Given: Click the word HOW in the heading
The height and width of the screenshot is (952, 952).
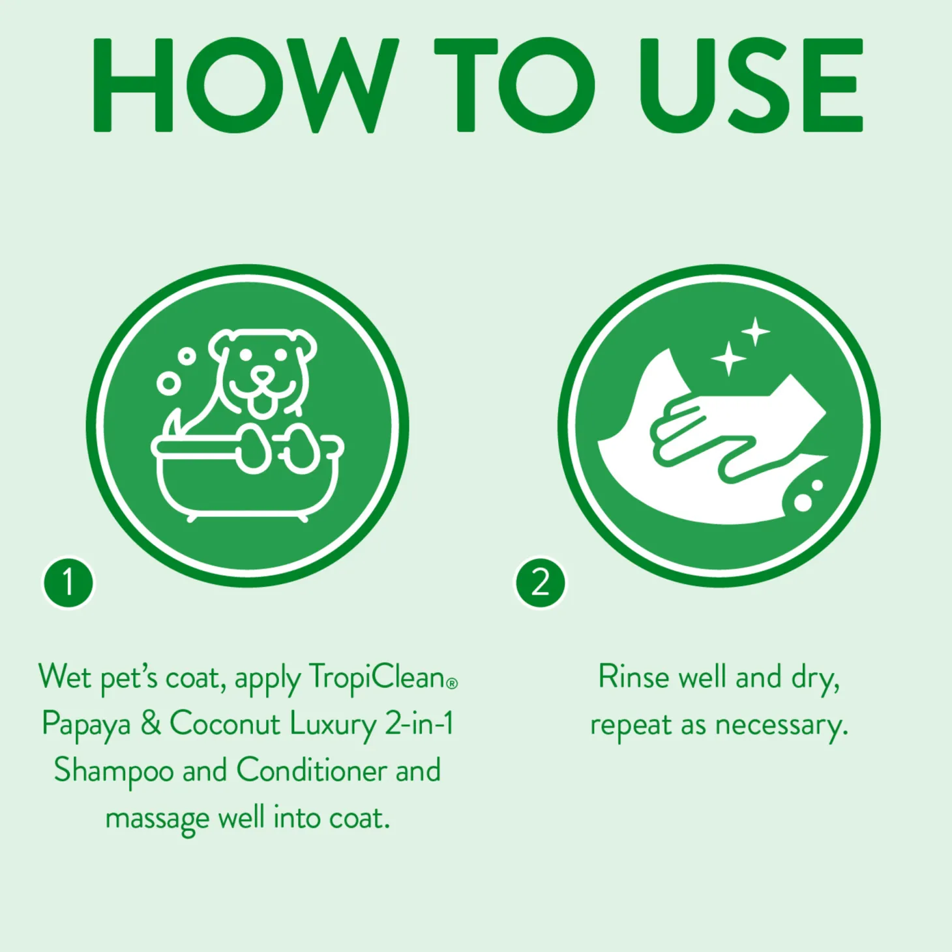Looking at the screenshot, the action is tap(246, 85).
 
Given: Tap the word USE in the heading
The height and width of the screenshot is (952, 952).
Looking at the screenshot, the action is tap(751, 85).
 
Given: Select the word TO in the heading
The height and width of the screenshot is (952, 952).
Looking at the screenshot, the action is tap(514, 85).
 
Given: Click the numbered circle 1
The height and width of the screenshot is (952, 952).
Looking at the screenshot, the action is tap(68, 583).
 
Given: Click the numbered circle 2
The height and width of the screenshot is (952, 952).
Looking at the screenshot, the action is tap(540, 583).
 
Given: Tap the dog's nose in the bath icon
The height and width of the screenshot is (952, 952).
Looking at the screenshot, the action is tap(264, 376).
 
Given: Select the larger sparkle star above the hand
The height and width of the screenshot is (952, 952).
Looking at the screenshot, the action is tap(728, 358).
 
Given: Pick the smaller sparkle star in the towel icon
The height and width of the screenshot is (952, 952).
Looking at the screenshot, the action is tap(755, 331).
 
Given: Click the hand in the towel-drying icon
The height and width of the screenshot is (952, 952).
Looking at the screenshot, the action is tap(726, 435).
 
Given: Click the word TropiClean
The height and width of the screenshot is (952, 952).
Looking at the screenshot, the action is tap(376, 678).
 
